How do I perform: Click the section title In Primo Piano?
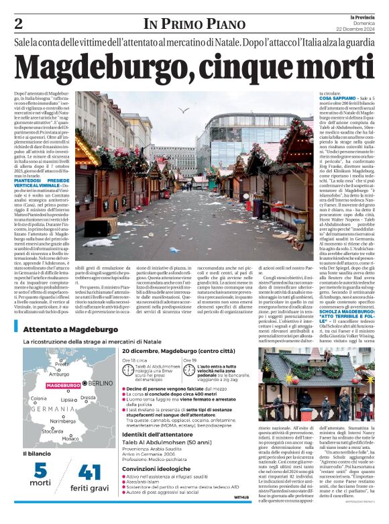click(190, 25)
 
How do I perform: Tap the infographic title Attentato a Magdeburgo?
click(66, 330)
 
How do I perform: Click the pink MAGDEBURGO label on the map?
click(64, 385)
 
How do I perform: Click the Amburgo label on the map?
click(59, 374)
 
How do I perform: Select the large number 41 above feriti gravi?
click(89, 472)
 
